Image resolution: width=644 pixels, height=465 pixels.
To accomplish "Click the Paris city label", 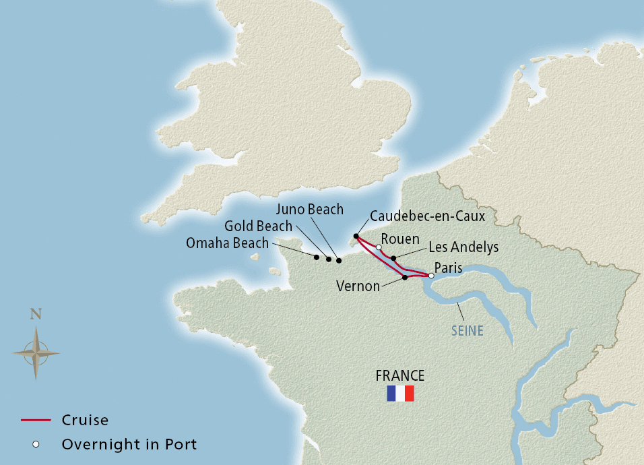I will pyautogui.click(x=448, y=268).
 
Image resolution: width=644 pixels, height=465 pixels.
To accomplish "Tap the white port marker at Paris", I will pyautogui.click(x=431, y=275).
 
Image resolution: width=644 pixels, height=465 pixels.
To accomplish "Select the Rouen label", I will pyautogui.click(x=400, y=240).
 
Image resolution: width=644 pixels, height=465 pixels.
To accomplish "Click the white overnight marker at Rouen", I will pyautogui.click(x=379, y=247).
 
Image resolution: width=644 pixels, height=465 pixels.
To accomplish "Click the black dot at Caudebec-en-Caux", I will pyautogui.click(x=356, y=236).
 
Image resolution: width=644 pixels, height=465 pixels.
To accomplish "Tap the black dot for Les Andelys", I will pyautogui.click(x=393, y=258).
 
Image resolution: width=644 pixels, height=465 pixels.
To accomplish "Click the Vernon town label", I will pyautogui.click(x=358, y=286).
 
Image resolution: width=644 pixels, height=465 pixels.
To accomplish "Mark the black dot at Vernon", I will pyautogui.click(x=405, y=278).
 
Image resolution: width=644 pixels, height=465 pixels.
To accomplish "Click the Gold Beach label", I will pyautogui.click(x=259, y=226).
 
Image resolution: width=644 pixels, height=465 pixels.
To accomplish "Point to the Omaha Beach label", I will pyautogui.click(x=227, y=243).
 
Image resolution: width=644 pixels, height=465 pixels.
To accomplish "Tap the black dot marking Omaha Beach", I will pyautogui.click(x=316, y=257).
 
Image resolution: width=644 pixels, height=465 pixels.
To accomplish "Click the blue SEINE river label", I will pyautogui.click(x=468, y=332).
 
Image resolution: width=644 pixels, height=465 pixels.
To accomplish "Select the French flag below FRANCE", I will pyautogui.click(x=400, y=394).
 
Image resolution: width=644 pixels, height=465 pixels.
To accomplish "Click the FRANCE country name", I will pyautogui.click(x=400, y=376).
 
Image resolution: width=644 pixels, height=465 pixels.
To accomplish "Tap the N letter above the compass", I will pyautogui.click(x=36, y=314).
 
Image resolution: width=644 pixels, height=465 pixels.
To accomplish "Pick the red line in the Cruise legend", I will pyautogui.click(x=36, y=420).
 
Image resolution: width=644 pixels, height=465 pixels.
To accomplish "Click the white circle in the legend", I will pyautogui.click(x=36, y=444).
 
